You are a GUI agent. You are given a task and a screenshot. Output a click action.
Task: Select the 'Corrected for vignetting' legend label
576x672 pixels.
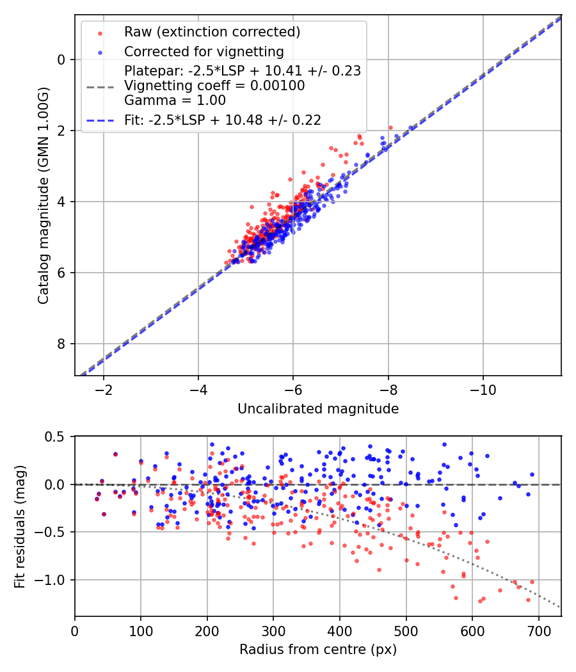coord(204,51)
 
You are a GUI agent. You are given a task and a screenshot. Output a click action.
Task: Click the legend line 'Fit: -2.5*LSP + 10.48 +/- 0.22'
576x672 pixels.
coord(223,120)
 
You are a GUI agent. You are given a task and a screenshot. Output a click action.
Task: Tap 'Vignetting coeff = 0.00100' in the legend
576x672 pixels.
coord(214,86)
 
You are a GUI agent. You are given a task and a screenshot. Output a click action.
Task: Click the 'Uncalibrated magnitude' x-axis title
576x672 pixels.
coord(318,409)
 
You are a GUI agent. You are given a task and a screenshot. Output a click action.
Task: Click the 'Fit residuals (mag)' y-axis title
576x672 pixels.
coord(20,526)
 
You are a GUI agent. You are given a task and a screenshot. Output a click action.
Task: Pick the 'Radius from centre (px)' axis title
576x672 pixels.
coord(318,650)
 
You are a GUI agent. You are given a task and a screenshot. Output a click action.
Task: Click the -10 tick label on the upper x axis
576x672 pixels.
coord(483,390)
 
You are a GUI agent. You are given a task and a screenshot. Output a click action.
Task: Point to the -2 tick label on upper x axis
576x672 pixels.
coord(103,390)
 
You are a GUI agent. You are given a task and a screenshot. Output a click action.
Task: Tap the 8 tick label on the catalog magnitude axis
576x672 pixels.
coord(62,344)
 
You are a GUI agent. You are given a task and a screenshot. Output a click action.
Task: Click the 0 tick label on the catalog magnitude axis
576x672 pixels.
coord(62,60)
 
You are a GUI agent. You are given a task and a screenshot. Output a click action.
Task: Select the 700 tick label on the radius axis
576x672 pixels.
coord(538,632)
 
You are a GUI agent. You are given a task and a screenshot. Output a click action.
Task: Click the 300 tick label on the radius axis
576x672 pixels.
coord(273,632)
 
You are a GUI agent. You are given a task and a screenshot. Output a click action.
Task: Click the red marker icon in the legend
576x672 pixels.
coord(99,32)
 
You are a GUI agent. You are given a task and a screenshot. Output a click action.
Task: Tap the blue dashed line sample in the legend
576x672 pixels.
coord(99,120)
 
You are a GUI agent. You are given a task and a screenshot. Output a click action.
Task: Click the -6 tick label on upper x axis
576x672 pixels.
coord(293,390)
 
